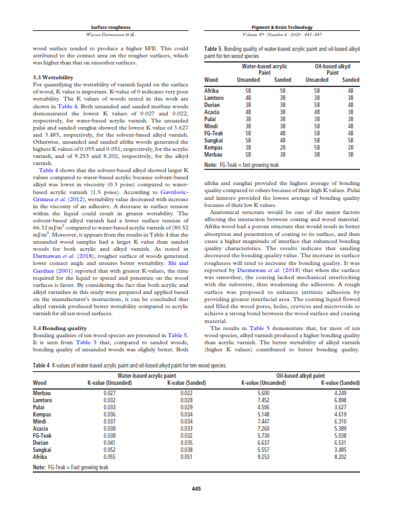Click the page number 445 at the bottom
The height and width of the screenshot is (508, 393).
196,487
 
